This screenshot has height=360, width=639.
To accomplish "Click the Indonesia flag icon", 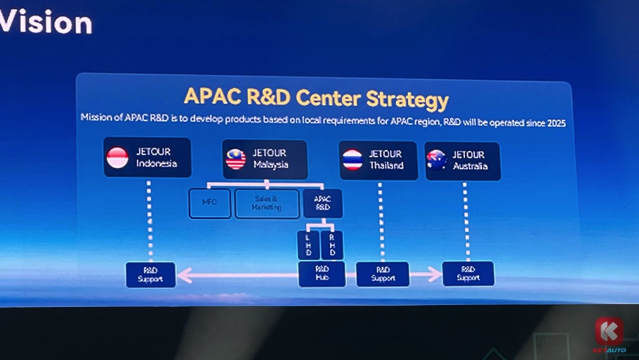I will click(118, 158).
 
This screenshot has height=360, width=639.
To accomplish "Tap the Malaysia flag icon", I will click(235, 159).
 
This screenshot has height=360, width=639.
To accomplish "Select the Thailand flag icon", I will click(352, 160).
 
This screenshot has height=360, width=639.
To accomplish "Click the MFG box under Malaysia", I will click(210, 203).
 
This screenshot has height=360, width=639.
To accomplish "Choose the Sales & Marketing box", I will click(267, 203).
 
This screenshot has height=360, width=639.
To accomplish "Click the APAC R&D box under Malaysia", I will click(323, 203).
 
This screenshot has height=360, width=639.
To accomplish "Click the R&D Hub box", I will click(321, 274).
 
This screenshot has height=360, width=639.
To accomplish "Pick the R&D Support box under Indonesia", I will click(151, 274).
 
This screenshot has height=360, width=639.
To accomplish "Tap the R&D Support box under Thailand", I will click(383, 274).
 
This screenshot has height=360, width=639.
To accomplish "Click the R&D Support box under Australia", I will click(468, 273).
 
